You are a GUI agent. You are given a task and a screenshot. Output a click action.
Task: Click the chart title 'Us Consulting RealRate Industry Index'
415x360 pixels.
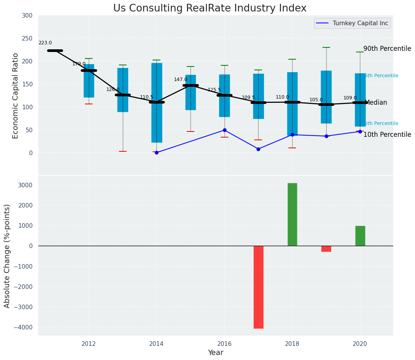(x=210, y=8)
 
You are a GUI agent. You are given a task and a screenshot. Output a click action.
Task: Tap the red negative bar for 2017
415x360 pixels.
(x=259, y=287)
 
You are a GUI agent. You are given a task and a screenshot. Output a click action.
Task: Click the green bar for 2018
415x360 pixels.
(x=292, y=214)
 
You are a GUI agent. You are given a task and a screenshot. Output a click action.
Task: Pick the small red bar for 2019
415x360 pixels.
(x=326, y=249)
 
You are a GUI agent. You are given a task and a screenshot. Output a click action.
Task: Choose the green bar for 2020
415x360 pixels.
(x=360, y=236)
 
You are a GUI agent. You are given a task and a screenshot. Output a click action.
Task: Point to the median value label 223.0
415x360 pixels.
(x=45, y=43)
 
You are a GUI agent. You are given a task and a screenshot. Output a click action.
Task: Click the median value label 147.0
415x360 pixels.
(x=181, y=79)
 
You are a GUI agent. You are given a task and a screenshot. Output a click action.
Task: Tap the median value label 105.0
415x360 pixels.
(x=316, y=100)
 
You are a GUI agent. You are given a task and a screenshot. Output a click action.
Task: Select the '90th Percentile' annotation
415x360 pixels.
(x=387, y=49)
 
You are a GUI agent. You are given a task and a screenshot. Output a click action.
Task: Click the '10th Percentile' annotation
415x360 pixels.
(x=387, y=135)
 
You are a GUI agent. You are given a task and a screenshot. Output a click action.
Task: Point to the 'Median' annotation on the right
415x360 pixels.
(x=376, y=103)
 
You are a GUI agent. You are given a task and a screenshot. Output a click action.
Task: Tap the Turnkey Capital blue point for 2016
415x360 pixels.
(x=225, y=130)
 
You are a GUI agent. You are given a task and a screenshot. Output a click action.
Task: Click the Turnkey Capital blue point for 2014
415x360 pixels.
(x=156, y=152)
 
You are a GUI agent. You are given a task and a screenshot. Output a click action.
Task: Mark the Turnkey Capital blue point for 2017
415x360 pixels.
(x=258, y=149)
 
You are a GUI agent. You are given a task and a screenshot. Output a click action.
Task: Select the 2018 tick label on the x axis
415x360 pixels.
(x=292, y=344)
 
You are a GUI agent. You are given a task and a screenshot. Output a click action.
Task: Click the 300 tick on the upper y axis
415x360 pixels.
(x=30, y=16)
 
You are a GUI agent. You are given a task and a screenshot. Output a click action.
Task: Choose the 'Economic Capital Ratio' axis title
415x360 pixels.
(x=16, y=96)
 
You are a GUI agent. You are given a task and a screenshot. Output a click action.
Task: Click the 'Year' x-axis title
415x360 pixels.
(x=215, y=353)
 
